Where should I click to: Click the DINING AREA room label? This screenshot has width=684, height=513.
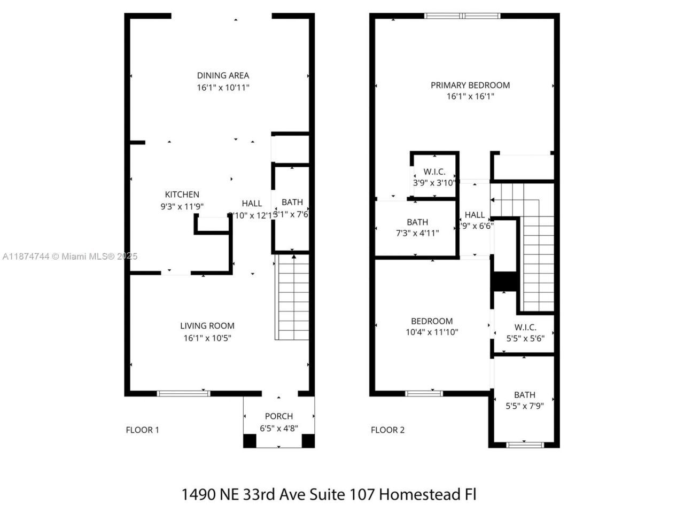(223, 75)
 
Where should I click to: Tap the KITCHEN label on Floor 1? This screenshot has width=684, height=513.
(182, 195)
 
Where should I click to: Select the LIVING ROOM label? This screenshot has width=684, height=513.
(207, 325)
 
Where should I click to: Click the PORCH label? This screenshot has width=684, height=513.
(278, 416)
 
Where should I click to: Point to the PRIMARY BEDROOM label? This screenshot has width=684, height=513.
(470, 85)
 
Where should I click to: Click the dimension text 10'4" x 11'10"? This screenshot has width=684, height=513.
(432, 332)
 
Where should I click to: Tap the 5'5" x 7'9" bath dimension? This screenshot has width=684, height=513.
(524, 406)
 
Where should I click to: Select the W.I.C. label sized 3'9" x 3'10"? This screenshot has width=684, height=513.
(434, 172)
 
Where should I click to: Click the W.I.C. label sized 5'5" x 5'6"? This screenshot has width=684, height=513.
(525, 327)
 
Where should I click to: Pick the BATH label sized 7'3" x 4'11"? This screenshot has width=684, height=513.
(417, 222)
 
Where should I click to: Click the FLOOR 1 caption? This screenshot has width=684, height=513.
(142, 430)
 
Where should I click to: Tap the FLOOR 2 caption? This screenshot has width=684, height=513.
(387, 430)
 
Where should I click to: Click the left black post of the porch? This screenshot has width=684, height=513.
(250, 441)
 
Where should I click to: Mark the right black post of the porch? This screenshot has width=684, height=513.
(308, 441)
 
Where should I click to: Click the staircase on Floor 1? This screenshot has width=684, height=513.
(292, 297)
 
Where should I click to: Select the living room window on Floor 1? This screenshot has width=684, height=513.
(183, 394)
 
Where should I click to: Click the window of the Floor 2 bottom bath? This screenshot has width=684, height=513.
(525, 444)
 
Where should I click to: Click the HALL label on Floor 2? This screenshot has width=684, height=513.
(475, 215)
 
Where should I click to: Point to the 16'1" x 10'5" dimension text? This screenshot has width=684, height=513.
(207, 338)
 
